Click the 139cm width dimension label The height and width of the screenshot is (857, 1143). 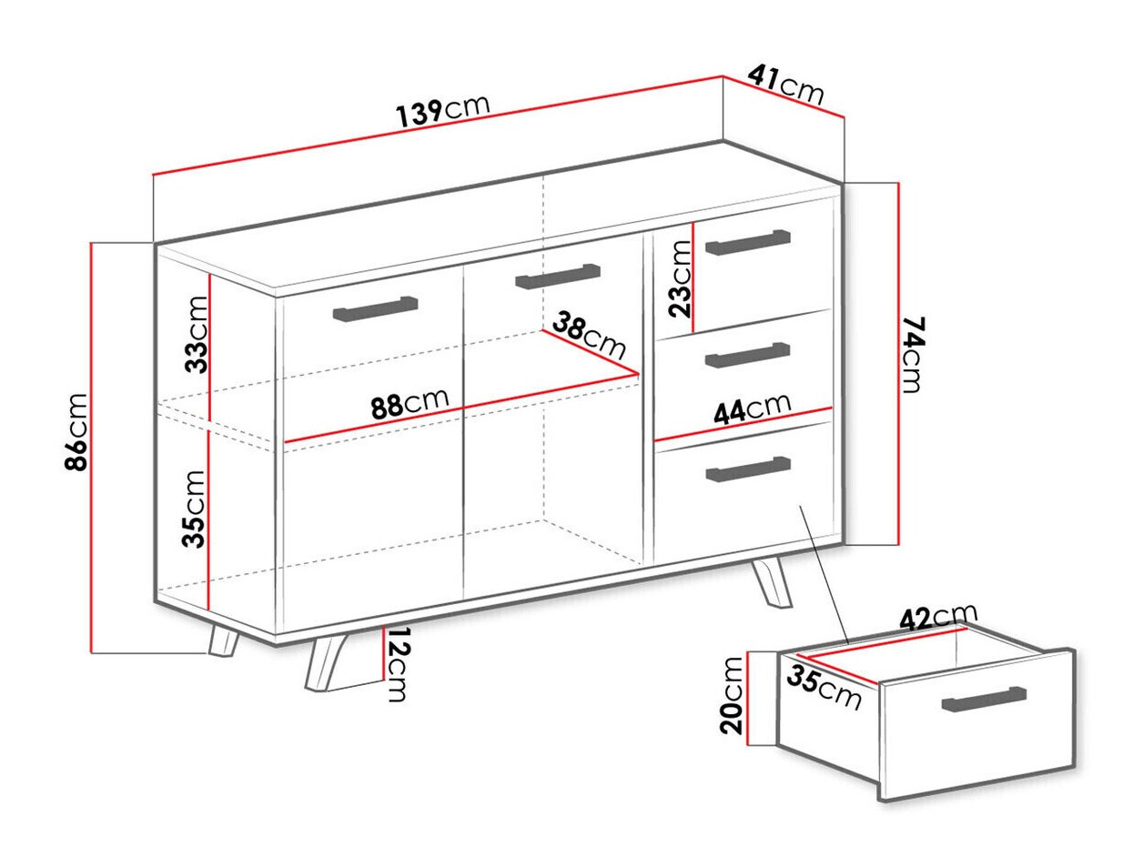click(x=443, y=109)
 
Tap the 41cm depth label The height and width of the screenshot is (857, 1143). click(x=785, y=86)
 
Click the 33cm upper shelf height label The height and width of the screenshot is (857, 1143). click(x=195, y=334)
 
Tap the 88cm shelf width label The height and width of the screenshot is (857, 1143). click(x=410, y=404)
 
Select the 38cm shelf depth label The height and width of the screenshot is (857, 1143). click(x=590, y=338)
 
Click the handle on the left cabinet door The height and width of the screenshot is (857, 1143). click(x=376, y=308)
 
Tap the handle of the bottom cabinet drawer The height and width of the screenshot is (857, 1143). click(x=748, y=467)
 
